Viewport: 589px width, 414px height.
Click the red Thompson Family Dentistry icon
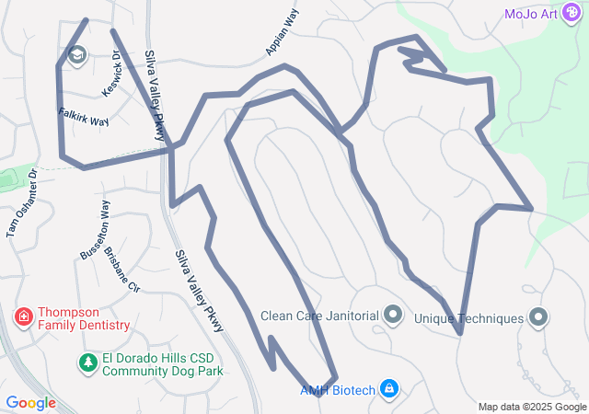click(23, 318)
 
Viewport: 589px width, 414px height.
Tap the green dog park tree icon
click(87, 363)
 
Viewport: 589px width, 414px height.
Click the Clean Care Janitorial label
click(319, 316)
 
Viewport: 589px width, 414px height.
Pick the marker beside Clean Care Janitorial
click(393, 316)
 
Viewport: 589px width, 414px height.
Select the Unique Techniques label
click(468, 318)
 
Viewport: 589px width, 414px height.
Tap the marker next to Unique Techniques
click(538, 318)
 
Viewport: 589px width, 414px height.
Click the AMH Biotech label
click(338, 390)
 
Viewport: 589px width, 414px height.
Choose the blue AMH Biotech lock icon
click(389, 389)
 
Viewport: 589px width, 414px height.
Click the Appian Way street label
click(286, 31)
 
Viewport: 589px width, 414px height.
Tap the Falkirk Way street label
click(84, 120)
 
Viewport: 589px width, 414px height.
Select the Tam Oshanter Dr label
click(22, 201)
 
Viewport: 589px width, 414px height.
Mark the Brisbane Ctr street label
click(121, 268)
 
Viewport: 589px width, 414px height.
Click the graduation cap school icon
click(77, 56)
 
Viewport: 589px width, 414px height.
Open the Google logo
click(30, 403)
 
